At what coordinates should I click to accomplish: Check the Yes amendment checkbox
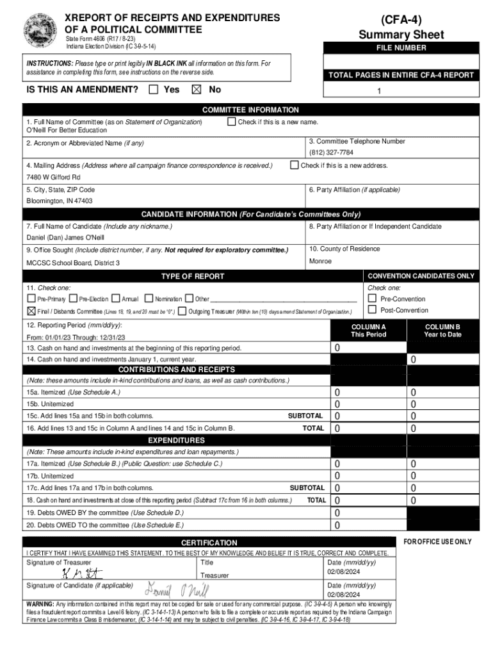point(153,90)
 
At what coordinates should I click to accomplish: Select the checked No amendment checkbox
point(197,90)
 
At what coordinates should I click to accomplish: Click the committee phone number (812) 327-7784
point(331,152)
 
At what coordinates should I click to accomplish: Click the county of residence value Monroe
point(320,261)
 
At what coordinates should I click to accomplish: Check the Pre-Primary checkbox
point(31,299)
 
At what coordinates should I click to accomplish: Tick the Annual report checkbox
point(115,299)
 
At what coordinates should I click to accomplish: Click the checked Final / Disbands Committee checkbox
point(31,311)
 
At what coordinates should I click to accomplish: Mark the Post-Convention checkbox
point(372,310)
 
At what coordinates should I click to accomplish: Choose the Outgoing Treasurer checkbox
point(182,311)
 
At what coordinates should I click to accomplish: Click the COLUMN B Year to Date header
point(442,331)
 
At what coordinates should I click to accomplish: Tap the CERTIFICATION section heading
point(209,543)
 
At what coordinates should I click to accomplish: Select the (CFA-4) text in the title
point(401,19)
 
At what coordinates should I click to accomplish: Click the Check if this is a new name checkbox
point(232,122)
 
